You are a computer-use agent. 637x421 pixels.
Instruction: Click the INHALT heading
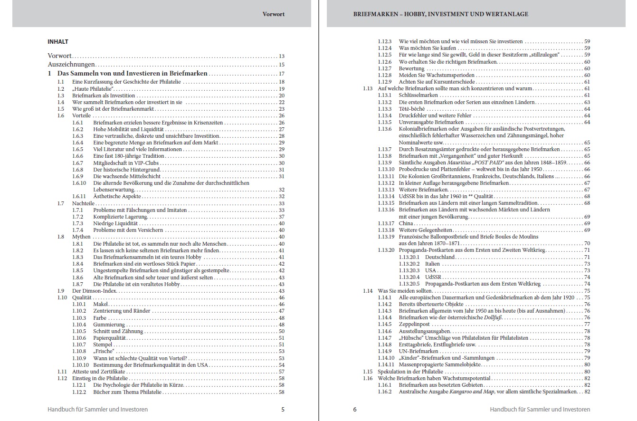(x=57, y=42)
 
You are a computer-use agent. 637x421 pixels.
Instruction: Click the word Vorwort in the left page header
(x=274, y=14)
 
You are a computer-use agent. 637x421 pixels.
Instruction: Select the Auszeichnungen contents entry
(x=71, y=65)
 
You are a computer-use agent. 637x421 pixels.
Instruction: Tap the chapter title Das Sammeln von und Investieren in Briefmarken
(x=132, y=74)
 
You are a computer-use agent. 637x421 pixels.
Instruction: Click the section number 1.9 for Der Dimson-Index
(x=61, y=291)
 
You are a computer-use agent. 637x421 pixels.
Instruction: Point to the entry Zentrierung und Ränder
(x=122, y=311)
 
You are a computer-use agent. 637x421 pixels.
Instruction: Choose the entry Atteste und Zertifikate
(x=98, y=372)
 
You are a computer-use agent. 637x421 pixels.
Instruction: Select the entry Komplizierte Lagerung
(x=120, y=217)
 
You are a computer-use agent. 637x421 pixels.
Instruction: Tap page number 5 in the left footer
(x=283, y=409)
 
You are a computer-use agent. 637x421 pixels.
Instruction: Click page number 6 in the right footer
(x=355, y=409)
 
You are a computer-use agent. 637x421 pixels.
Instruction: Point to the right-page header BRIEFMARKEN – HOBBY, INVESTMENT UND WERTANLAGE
(x=440, y=14)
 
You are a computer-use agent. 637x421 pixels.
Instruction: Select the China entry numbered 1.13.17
(x=406, y=223)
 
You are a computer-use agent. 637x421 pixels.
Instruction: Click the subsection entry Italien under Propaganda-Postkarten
(x=432, y=264)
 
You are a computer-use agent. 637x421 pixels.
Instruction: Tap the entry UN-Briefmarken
(x=418, y=351)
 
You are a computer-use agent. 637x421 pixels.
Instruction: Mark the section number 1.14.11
(x=386, y=364)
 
